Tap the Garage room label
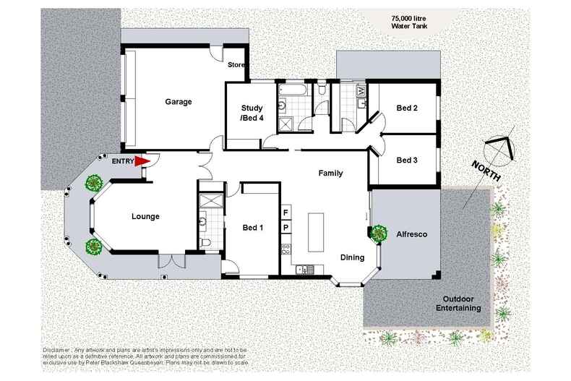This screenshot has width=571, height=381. click(x=178, y=102)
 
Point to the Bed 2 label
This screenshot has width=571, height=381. click(x=407, y=108)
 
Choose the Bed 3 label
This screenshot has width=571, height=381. click(x=407, y=160)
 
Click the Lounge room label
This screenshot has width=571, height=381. click(x=145, y=216)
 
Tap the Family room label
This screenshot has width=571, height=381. click(x=330, y=174)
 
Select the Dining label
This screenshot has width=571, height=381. click(x=352, y=257)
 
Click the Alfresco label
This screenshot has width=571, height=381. click(x=411, y=234)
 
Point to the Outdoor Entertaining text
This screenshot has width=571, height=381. click(x=463, y=303)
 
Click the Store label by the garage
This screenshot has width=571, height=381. click(x=236, y=65)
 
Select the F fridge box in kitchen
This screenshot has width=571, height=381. click(x=285, y=213)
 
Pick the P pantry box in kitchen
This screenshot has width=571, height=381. click(x=285, y=228)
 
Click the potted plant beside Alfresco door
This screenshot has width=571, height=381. click(x=378, y=233)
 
